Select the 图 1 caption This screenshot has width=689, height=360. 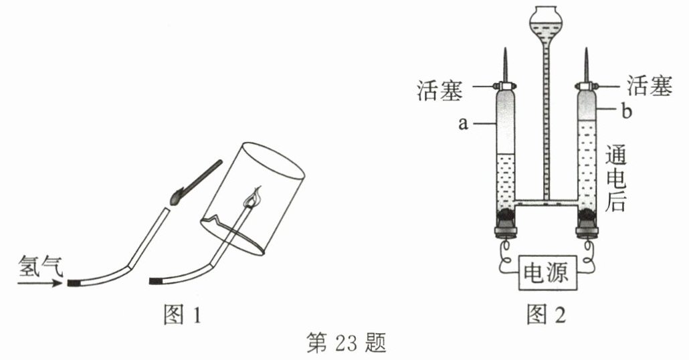tap(182, 314)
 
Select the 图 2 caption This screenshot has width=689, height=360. tap(546, 314)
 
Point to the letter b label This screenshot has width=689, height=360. tap(626, 112)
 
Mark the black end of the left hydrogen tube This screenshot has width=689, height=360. tap(73, 284)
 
